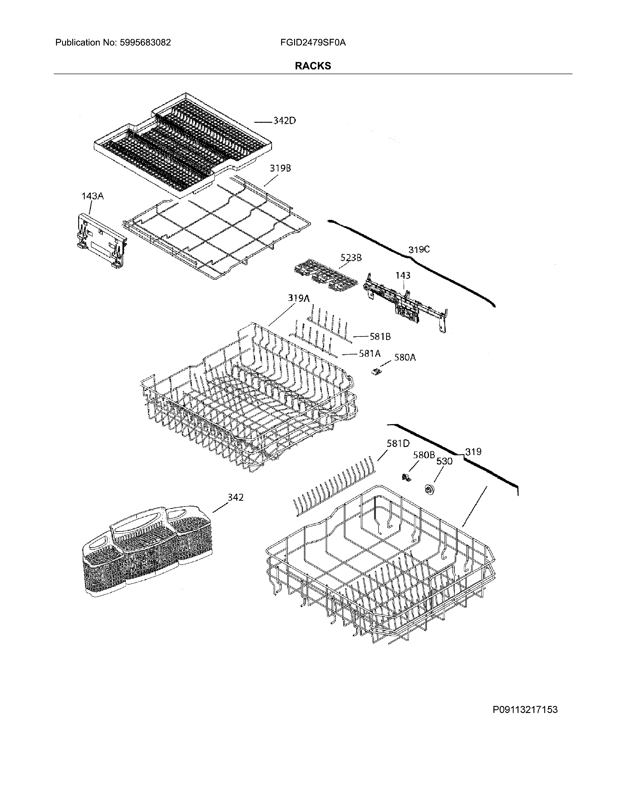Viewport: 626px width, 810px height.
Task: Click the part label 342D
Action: (285, 121)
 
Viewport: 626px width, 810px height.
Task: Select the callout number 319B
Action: (280, 168)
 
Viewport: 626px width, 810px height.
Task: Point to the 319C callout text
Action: (419, 250)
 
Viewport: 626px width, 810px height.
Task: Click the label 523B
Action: (351, 257)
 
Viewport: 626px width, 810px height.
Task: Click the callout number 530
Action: (444, 461)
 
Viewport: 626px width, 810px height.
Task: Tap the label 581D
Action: (398, 443)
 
